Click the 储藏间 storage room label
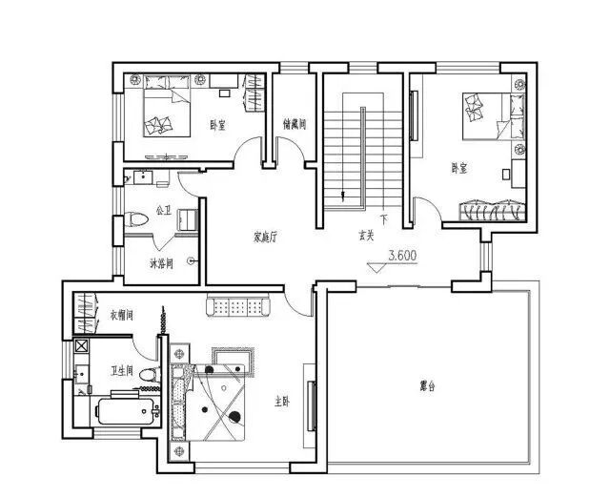tap(294, 124)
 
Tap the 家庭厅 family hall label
tap(265, 235)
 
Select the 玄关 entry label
tap(366, 235)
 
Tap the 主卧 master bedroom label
tap(281, 401)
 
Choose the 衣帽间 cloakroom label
tap(121, 314)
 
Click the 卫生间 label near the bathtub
tap(121, 371)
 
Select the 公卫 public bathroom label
tap(162, 211)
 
